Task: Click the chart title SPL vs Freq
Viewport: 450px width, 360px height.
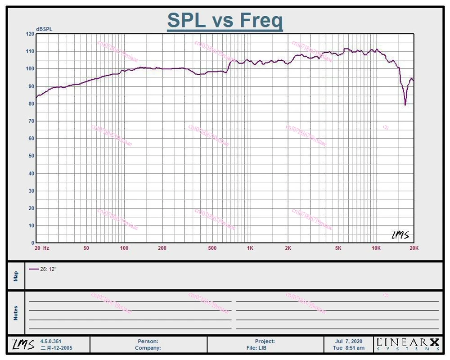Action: (x=225, y=20)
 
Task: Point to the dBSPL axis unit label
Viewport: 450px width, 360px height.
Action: (x=44, y=29)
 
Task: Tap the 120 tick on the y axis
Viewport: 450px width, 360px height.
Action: (x=30, y=34)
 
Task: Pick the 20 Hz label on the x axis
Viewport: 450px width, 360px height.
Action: (x=42, y=248)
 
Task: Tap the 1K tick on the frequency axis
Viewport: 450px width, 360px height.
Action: (x=250, y=248)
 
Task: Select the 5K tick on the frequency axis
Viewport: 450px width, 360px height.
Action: (x=338, y=248)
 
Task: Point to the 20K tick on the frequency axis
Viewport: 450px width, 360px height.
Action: (x=414, y=248)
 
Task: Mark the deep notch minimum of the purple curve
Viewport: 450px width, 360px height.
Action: (x=405, y=104)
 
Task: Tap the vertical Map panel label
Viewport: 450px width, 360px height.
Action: (x=16, y=275)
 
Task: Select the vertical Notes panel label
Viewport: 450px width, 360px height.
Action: (x=16, y=313)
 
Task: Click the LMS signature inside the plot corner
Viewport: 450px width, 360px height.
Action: (x=400, y=235)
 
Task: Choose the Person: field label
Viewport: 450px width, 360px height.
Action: (x=148, y=342)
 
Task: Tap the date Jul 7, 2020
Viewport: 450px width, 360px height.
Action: (x=349, y=342)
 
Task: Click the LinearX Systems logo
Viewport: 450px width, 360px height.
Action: (x=408, y=344)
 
